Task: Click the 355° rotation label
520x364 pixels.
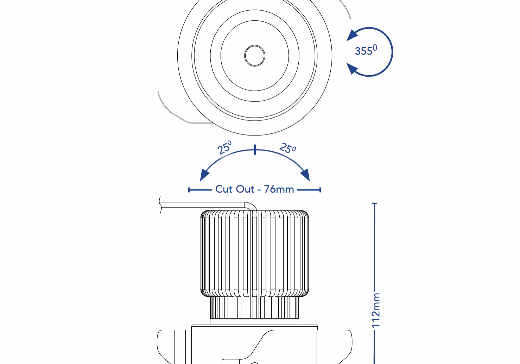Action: coord(366,51)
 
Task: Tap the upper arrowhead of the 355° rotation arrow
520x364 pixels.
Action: coord(352,36)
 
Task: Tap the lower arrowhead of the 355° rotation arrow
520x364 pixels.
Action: coord(352,68)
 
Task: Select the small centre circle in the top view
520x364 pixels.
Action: coord(255,56)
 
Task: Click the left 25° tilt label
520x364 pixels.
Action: coord(224,148)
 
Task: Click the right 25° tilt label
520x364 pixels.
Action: coord(287,148)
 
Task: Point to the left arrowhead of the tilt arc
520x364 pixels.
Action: coord(204,175)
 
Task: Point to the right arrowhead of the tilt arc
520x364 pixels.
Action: coord(305,175)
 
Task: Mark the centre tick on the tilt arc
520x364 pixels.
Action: coord(255,150)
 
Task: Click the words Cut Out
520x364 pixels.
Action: coord(234,189)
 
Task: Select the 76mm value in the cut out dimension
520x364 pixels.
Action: coord(279,189)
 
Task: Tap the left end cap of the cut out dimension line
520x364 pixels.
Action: coord(189,190)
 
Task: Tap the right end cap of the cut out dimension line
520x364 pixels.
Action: coord(320,190)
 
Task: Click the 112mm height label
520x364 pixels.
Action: coord(376,310)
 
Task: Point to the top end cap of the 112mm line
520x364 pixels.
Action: coord(375,203)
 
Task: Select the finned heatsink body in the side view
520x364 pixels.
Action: coord(255,253)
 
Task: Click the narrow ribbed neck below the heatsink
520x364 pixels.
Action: coord(255,308)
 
